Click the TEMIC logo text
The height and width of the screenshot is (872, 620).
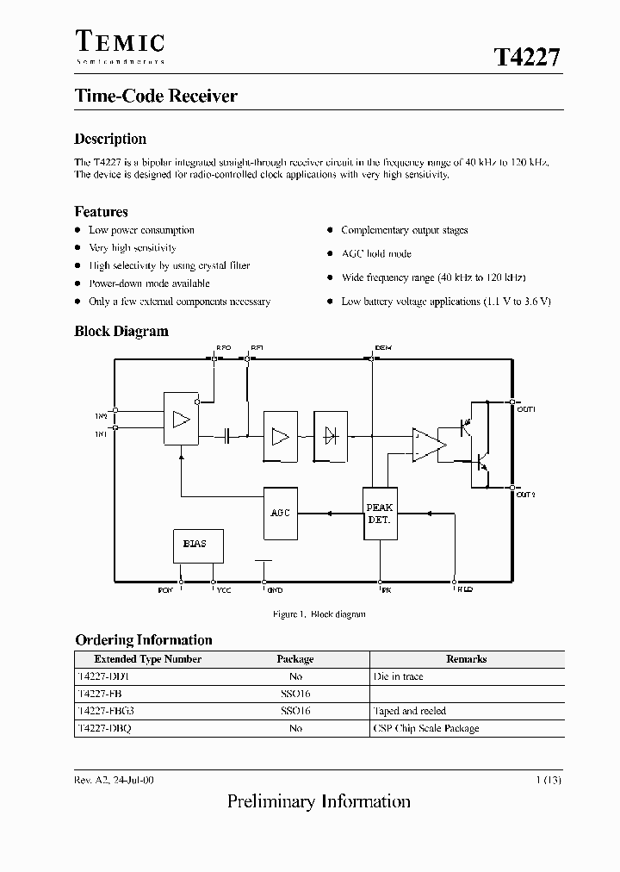(119, 41)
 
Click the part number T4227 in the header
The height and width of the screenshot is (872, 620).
(527, 58)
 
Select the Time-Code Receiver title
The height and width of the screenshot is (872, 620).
(156, 97)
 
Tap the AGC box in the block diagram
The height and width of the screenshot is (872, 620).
(281, 513)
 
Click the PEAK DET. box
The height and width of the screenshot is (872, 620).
(379, 514)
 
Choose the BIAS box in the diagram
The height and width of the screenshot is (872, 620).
(195, 544)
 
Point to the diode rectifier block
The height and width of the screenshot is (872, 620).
(330, 436)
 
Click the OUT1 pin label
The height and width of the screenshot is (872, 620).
(526, 409)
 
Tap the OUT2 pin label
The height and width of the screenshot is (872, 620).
(526, 495)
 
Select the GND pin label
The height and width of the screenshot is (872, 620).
(275, 590)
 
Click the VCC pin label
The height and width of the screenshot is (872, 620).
(223, 590)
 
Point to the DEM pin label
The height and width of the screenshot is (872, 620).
(383, 347)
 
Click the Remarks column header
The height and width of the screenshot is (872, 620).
(466, 659)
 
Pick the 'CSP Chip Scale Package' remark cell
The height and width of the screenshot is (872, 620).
(425, 728)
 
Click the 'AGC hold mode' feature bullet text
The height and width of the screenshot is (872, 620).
(376, 254)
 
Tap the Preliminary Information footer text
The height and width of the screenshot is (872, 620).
(319, 802)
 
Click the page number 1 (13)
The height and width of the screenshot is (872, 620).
(549, 780)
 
